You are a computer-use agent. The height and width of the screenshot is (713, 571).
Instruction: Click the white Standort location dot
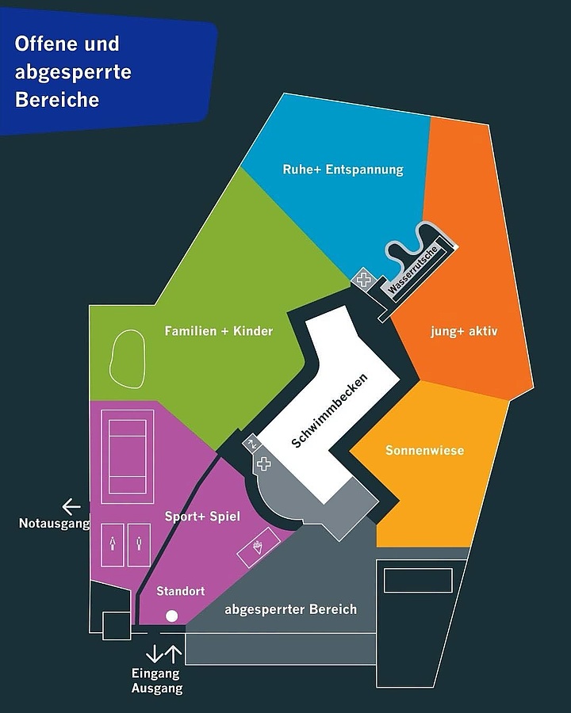pos(171,616)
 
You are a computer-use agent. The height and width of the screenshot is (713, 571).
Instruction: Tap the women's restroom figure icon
pos(113,543)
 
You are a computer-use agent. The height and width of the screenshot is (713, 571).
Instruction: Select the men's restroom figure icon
pos(139,543)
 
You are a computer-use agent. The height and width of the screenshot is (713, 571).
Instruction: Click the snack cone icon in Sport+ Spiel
pos(259,547)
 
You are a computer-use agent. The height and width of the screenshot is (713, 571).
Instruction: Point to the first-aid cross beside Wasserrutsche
pos(363,279)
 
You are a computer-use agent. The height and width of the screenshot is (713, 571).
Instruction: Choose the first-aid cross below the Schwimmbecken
pos(264,463)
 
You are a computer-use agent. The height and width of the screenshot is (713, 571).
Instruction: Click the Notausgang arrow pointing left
pos(71,506)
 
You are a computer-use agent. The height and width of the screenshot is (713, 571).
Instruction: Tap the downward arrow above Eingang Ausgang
pos(154,654)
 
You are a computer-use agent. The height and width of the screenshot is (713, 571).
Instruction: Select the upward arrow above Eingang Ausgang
pos(173,654)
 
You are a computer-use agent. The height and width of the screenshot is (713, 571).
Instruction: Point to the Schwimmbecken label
pos(329,410)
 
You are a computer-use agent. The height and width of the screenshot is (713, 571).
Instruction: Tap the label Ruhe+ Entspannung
pos(343,170)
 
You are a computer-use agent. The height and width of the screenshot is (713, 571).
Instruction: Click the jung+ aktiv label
pos(464,331)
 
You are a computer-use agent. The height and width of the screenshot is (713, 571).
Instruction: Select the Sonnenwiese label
pos(425,450)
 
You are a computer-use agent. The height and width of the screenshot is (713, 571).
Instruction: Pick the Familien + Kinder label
pos(219,330)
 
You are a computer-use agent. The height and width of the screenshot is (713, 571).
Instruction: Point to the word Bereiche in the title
pos(57,100)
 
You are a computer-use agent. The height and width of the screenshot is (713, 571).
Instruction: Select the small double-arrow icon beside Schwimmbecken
pos(251,444)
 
